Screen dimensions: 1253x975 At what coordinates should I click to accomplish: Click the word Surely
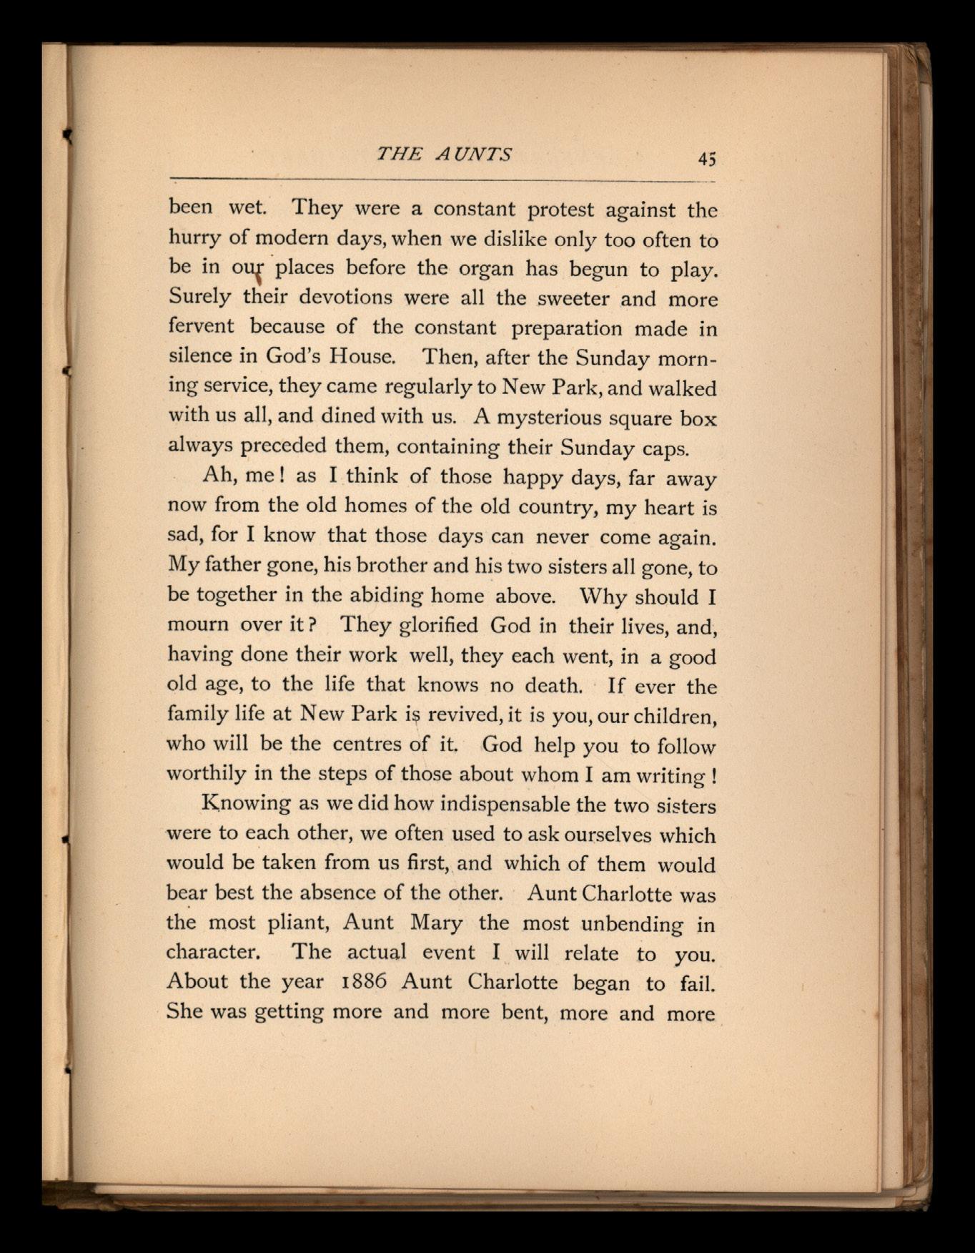(x=199, y=297)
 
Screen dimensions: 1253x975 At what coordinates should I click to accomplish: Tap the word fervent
(x=201, y=327)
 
